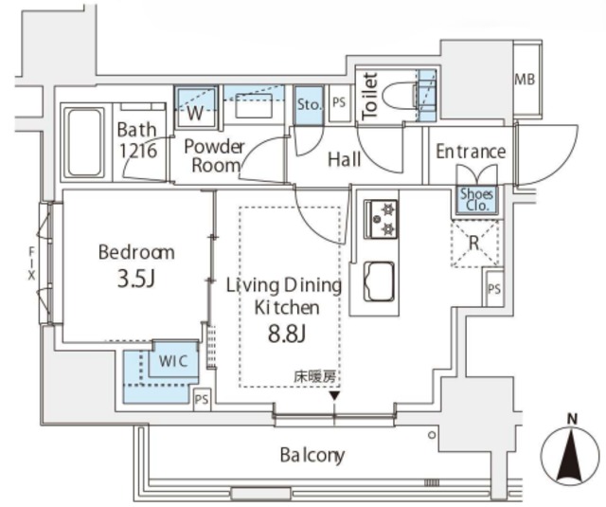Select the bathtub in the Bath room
pos(86,141)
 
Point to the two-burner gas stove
pos(382,219)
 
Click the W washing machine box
pos(197,112)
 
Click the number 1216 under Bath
pos(137,150)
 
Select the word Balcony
pos(312,455)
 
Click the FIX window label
pos(31,262)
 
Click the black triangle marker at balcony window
pos(333,395)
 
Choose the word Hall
pos(344,160)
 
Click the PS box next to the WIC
pos(201,399)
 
